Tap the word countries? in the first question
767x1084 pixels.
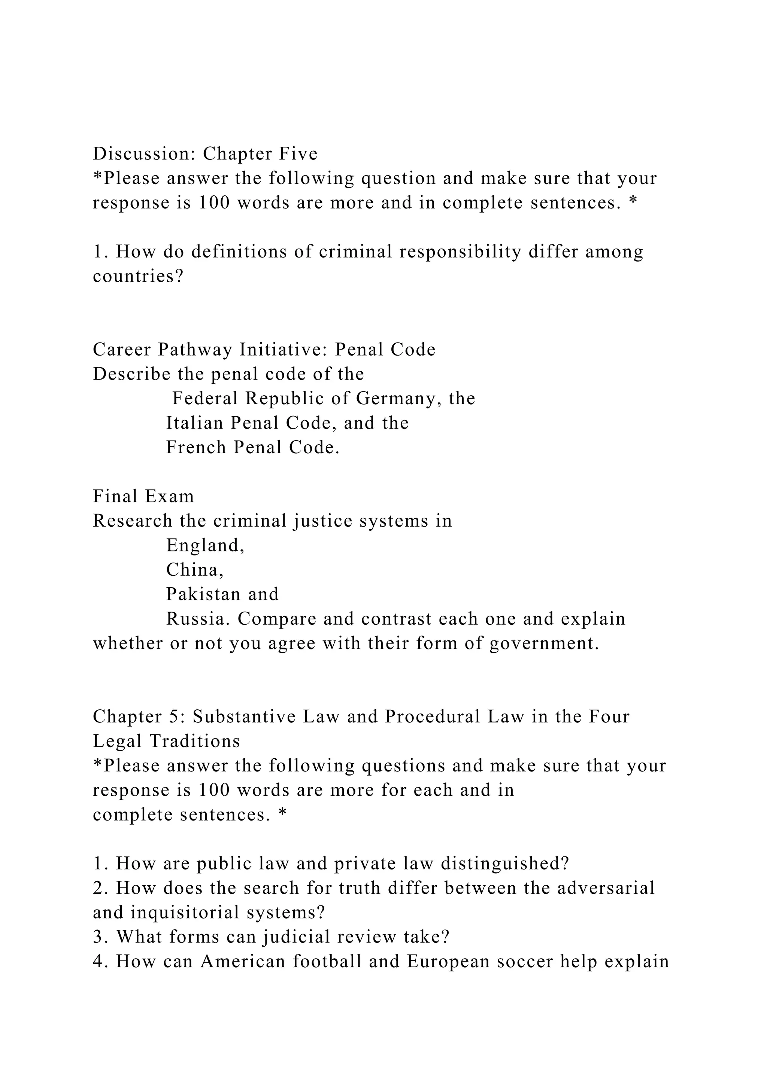pyautogui.click(x=138, y=276)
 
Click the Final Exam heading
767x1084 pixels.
pyautogui.click(x=143, y=497)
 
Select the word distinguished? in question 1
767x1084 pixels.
pyautogui.click(x=505, y=864)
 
